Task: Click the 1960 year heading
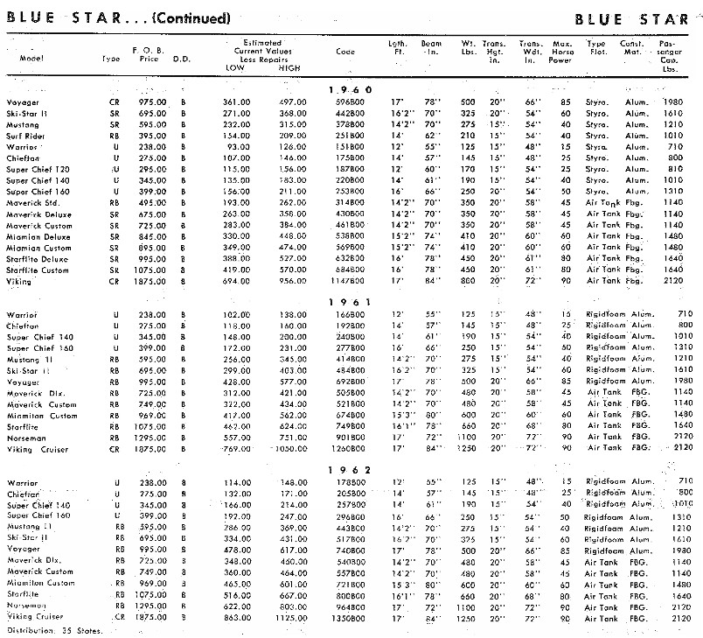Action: pyautogui.click(x=350, y=89)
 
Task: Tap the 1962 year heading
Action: pyautogui.click(x=350, y=470)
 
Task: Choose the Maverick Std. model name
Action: pyautogui.click(x=32, y=202)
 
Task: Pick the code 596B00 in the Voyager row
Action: pyautogui.click(x=350, y=102)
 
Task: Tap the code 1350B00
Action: pyautogui.click(x=350, y=618)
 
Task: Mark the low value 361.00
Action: pyautogui.click(x=237, y=102)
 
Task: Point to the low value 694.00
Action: pyautogui.click(x=237, y=281)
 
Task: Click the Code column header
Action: pyautogui.click(x=345, y=51)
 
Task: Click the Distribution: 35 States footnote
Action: pyautogui.click(x=54, y=630)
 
